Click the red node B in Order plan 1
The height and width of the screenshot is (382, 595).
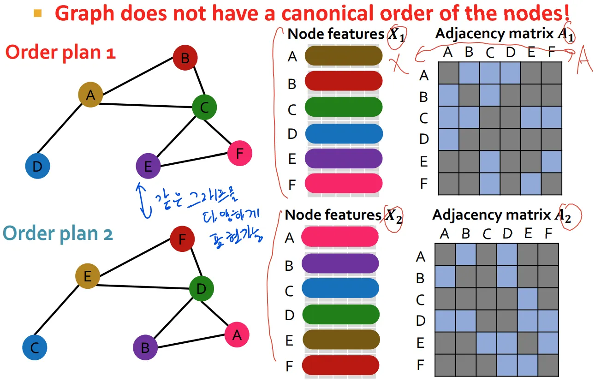click(x=185, y=58)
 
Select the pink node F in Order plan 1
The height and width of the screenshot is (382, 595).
click(x=239, y=153)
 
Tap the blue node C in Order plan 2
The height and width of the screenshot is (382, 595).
click(x=35, y=347)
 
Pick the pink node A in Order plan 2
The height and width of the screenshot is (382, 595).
click(x=237, y=335)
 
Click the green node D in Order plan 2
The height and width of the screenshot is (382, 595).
click(x=201, y=289)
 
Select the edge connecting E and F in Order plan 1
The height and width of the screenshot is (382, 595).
click(x=194, y=160)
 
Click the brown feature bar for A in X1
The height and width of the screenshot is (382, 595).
click(x=343, y=56)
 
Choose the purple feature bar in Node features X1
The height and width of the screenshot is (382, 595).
click(x=343, y=158)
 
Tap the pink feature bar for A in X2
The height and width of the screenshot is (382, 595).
click(x=340, y=237)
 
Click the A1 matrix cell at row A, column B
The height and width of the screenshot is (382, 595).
click(x=469, y=73)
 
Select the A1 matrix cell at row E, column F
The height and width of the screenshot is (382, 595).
click(x=552, y=161)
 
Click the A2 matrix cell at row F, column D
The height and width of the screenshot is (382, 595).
click(x=507, y=365)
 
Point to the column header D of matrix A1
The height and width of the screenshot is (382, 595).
click(x=510, y=53)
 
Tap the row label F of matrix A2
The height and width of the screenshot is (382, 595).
click(x=420, y=365)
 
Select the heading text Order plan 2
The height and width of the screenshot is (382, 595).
click(x=58, y=234)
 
